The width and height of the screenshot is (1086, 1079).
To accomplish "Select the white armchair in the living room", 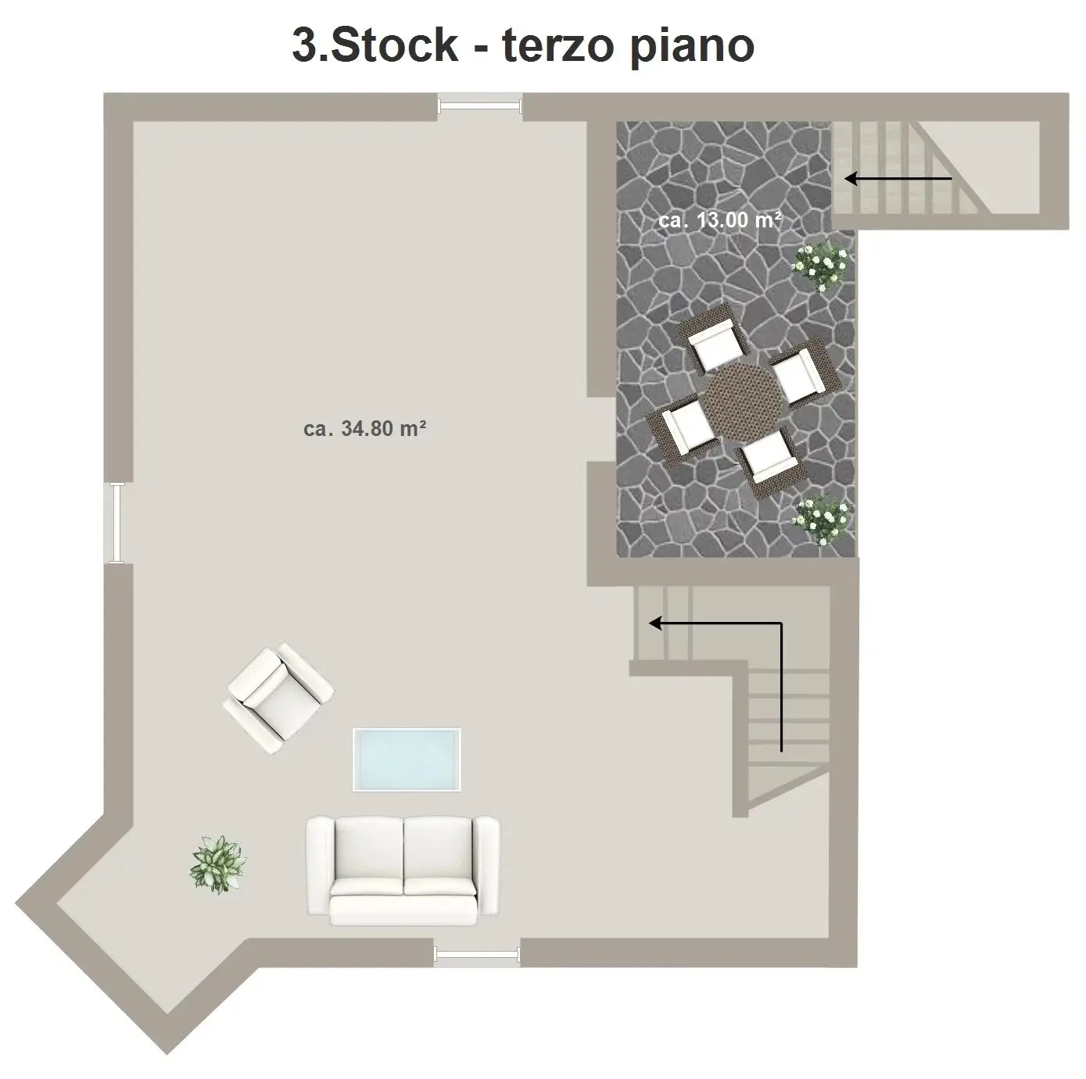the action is click(278, 698).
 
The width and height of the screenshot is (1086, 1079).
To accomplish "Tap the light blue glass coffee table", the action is click(407, 759).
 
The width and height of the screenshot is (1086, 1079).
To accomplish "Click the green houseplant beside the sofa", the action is click(218, 864).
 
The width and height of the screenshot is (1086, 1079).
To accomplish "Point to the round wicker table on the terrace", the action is click(742, 401).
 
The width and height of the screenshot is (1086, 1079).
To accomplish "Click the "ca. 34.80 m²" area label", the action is click(364, 429).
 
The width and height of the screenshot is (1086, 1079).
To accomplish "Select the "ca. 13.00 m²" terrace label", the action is click(719, 220).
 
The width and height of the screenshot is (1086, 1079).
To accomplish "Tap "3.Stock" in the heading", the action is click(375, 45).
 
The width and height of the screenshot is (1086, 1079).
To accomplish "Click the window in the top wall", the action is click(480, 106).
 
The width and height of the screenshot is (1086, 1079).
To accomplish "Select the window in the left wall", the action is click(117, 523).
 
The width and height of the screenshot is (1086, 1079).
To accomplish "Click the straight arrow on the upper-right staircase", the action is click(898, 179).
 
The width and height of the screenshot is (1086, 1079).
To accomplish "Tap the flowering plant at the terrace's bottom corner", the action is click(822, 520).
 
